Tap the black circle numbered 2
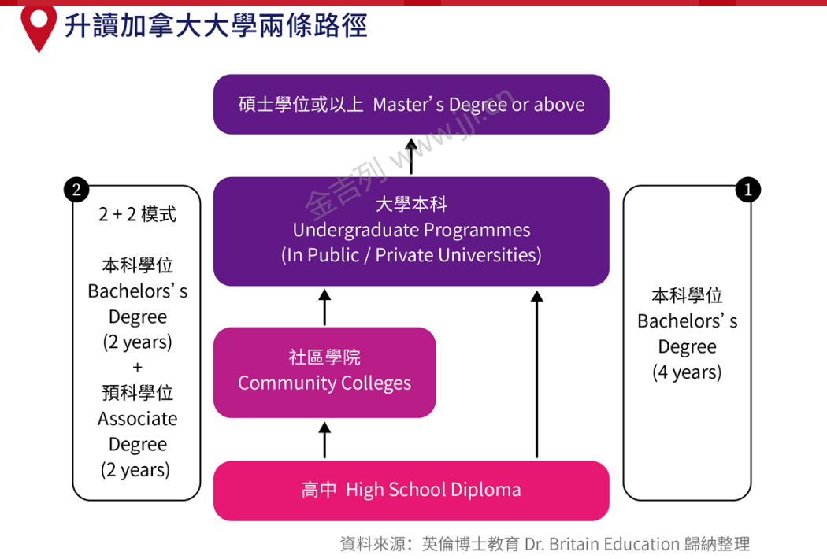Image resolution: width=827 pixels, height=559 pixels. [x=76, y=189]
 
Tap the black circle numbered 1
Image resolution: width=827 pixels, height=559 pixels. [x=747, y=190]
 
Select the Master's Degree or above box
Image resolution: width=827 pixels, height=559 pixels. [x=411, y=104]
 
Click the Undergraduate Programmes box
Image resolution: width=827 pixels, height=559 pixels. [x=411, y=231]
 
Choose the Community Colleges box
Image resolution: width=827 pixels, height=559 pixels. [x=324, y=372]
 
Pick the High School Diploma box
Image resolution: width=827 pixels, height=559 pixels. [x=411, y=490]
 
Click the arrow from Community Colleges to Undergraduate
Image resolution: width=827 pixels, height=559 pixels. [x=324, y=306]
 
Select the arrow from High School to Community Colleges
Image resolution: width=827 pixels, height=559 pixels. [x=324, y=439]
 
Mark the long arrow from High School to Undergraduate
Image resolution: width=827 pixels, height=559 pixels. [x=537, y=374]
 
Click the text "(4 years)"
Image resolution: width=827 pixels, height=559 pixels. [x=687, y=372]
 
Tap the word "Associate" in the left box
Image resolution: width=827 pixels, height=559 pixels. [x=137, y=419]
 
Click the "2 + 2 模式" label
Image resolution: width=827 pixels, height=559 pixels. [x=137, y=214]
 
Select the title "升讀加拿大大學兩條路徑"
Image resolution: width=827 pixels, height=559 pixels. [x=216, y=25]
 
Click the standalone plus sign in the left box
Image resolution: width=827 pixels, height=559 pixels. [x=137, y=368]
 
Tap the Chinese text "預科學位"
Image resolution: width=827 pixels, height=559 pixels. [x=137, y=393]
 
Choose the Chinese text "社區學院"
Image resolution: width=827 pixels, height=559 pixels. [x=324, y=357]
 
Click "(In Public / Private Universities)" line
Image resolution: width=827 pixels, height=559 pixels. [x=411, y=255]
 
